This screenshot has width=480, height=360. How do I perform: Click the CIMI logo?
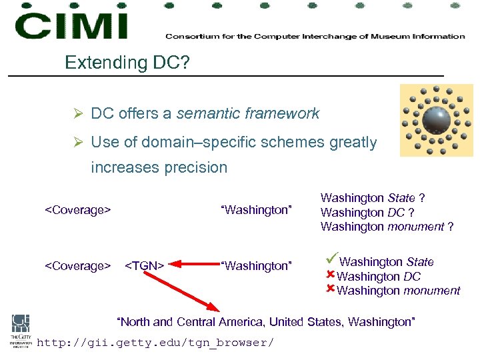pos(71,25)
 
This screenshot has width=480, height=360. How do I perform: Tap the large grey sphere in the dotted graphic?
pos(436,119)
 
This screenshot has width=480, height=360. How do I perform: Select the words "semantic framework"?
pos(248,114)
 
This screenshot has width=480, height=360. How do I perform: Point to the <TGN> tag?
pos(145,266)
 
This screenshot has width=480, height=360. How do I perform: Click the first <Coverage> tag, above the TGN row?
pos(77,211)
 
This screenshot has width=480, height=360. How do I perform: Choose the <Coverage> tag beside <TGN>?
pos(77,266)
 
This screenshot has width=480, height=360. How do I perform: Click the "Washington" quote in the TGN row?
pos(256,266)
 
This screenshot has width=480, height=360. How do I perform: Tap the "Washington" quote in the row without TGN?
pos(256,211)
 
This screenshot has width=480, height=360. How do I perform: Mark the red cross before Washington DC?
pos(330,275)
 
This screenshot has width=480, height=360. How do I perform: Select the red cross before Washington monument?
pos(330,289)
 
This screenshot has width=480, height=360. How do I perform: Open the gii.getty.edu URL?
pos(155,343)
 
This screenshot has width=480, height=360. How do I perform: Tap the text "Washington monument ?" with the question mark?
pos(387,227)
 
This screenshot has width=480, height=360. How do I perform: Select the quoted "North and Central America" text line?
pos(266,322)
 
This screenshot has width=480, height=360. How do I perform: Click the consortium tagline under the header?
pos(315,37)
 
